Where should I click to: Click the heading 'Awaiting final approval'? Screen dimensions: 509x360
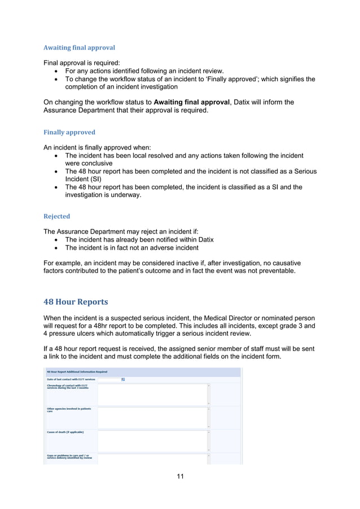[x=79, y=47]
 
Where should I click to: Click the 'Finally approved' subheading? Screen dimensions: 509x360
[x=69, y=132]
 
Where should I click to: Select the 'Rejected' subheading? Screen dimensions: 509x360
[x=56, y=216]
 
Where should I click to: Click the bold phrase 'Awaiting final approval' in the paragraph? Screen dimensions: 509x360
[x=192, y=102]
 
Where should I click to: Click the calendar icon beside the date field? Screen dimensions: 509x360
[x=123, y=380]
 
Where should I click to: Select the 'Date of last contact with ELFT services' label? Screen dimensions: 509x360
[x=71, y=380]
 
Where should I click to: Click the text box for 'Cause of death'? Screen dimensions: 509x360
[x=152, y=441]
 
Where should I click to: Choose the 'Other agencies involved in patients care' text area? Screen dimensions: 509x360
[x=152, y=418]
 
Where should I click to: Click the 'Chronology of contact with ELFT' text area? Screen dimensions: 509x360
[x=152, y=394]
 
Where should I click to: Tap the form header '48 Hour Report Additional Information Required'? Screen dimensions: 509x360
[x=77, y=372]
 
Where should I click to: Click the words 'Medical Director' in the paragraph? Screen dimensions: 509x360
[x=251, y=318]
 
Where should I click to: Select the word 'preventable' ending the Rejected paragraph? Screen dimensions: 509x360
[x=275, y=271]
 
